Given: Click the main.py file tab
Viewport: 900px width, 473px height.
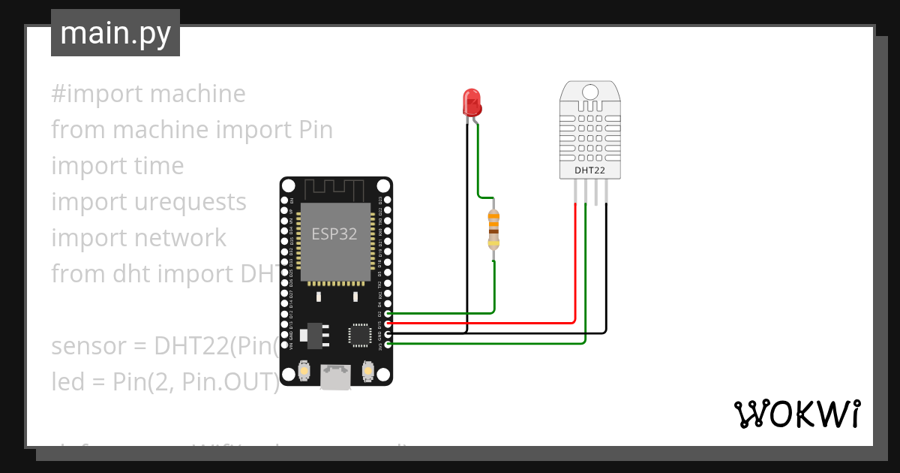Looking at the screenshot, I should (x=115, y=33).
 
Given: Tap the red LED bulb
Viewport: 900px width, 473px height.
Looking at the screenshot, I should (x=472, y=101).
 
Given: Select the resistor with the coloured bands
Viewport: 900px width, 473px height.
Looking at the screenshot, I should (x=493, y=230).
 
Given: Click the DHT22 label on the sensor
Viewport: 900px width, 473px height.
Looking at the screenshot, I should (x=589, y=170).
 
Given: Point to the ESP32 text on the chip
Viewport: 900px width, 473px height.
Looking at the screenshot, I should (x=334, y=233).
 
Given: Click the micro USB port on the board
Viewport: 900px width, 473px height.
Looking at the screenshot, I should (x=336, y=377).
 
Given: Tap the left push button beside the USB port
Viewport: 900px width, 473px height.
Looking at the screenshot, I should (x=304, y=371).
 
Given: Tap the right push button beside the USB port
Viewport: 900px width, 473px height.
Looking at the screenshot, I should (x=367, y=371).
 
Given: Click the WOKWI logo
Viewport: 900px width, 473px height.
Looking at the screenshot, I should (x=796, y=414).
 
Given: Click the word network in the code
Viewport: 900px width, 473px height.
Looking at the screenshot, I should (x=179, y=238).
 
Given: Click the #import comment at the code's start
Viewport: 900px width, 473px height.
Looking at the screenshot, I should (x=97, y=94).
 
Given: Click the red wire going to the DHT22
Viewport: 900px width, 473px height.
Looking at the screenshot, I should (x=575, y=263).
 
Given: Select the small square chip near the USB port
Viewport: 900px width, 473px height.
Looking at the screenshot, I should (x=359, y=335).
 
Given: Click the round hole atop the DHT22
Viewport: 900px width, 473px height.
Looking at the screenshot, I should (x=589, y=92).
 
